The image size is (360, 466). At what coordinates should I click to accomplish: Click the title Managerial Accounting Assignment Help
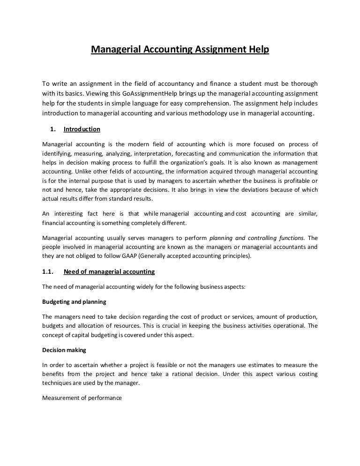pos(180,49)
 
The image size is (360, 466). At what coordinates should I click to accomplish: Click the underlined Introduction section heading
pos(82,129)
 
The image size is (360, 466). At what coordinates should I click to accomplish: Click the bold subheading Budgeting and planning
pos(74,301)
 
